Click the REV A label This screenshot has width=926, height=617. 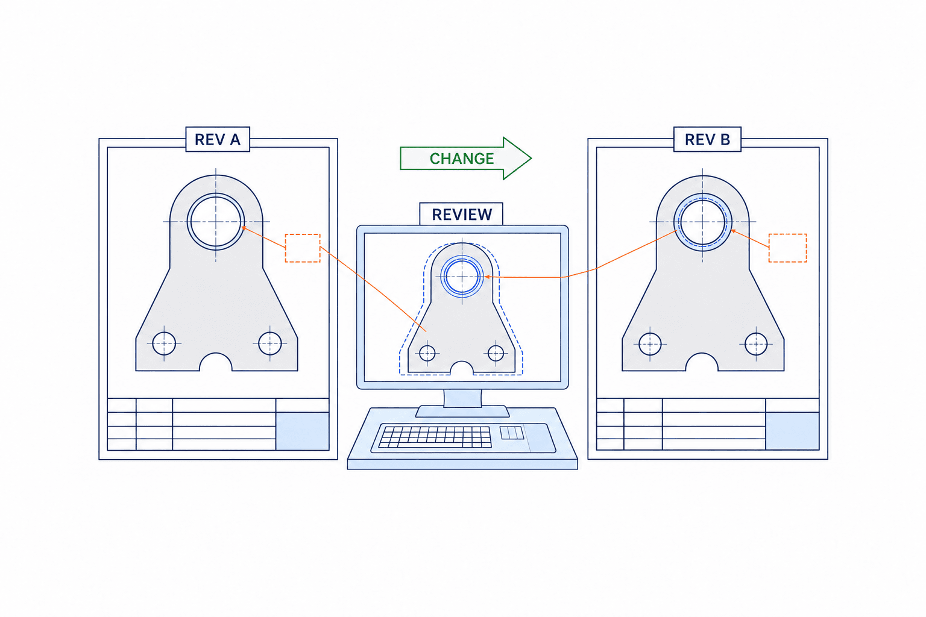(218, 139)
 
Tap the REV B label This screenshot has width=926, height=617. (707, 139)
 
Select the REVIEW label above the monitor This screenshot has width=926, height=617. (461, 214)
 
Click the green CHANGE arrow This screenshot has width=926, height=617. (465, 158)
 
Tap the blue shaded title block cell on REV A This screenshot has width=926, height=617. (303, 431)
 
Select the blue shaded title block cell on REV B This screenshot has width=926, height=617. (793, 431)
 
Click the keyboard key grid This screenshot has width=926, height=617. (435, 437)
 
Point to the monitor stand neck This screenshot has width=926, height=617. (462, 398)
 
